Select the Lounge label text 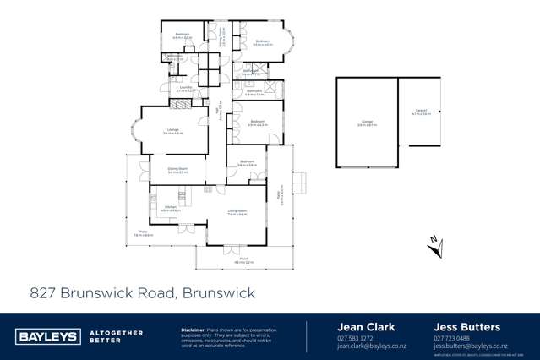point(172,130)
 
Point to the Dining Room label point(177,169)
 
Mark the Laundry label point(183,87)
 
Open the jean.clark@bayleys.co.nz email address point(372,346)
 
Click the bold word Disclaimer point(194,330)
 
